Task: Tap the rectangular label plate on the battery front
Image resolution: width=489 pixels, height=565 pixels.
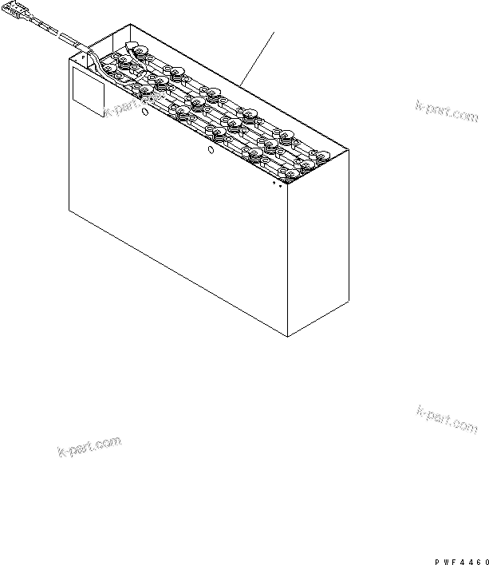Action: tap(89, 92)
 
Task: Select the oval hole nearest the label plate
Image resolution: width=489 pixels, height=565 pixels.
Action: tap(145, 112)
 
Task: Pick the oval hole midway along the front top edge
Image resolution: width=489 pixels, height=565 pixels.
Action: tap(211, 149)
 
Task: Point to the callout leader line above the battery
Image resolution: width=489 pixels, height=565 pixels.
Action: tap(257, 59)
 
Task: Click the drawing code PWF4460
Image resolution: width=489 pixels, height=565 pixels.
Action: tap(462, 562)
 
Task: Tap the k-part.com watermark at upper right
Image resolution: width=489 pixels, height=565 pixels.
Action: tap(447, 112)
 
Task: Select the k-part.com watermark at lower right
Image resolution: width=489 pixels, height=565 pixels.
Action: tap(447, 420)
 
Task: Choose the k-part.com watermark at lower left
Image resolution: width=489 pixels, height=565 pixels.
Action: tap(89, 446)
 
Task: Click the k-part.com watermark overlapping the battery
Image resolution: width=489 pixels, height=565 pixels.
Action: tap(134, 105)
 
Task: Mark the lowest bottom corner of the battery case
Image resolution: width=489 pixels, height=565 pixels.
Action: tap(287, 337)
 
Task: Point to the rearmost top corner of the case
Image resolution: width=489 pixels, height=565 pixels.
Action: tap(130, 25)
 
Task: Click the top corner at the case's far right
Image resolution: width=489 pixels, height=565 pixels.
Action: tap(349, 150)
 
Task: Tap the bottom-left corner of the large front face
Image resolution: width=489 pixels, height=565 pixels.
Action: tap(69, 210)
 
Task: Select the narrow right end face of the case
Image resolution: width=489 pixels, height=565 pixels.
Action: tap(318, 243)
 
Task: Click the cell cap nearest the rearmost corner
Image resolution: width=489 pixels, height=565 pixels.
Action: tap(139, 50)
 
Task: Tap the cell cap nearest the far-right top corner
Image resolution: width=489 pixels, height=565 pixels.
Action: tap(321, 155)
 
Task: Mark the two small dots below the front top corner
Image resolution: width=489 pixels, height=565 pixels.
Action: tap(277, 184)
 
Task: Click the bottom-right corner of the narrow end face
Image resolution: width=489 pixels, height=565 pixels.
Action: tap(349, 300)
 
